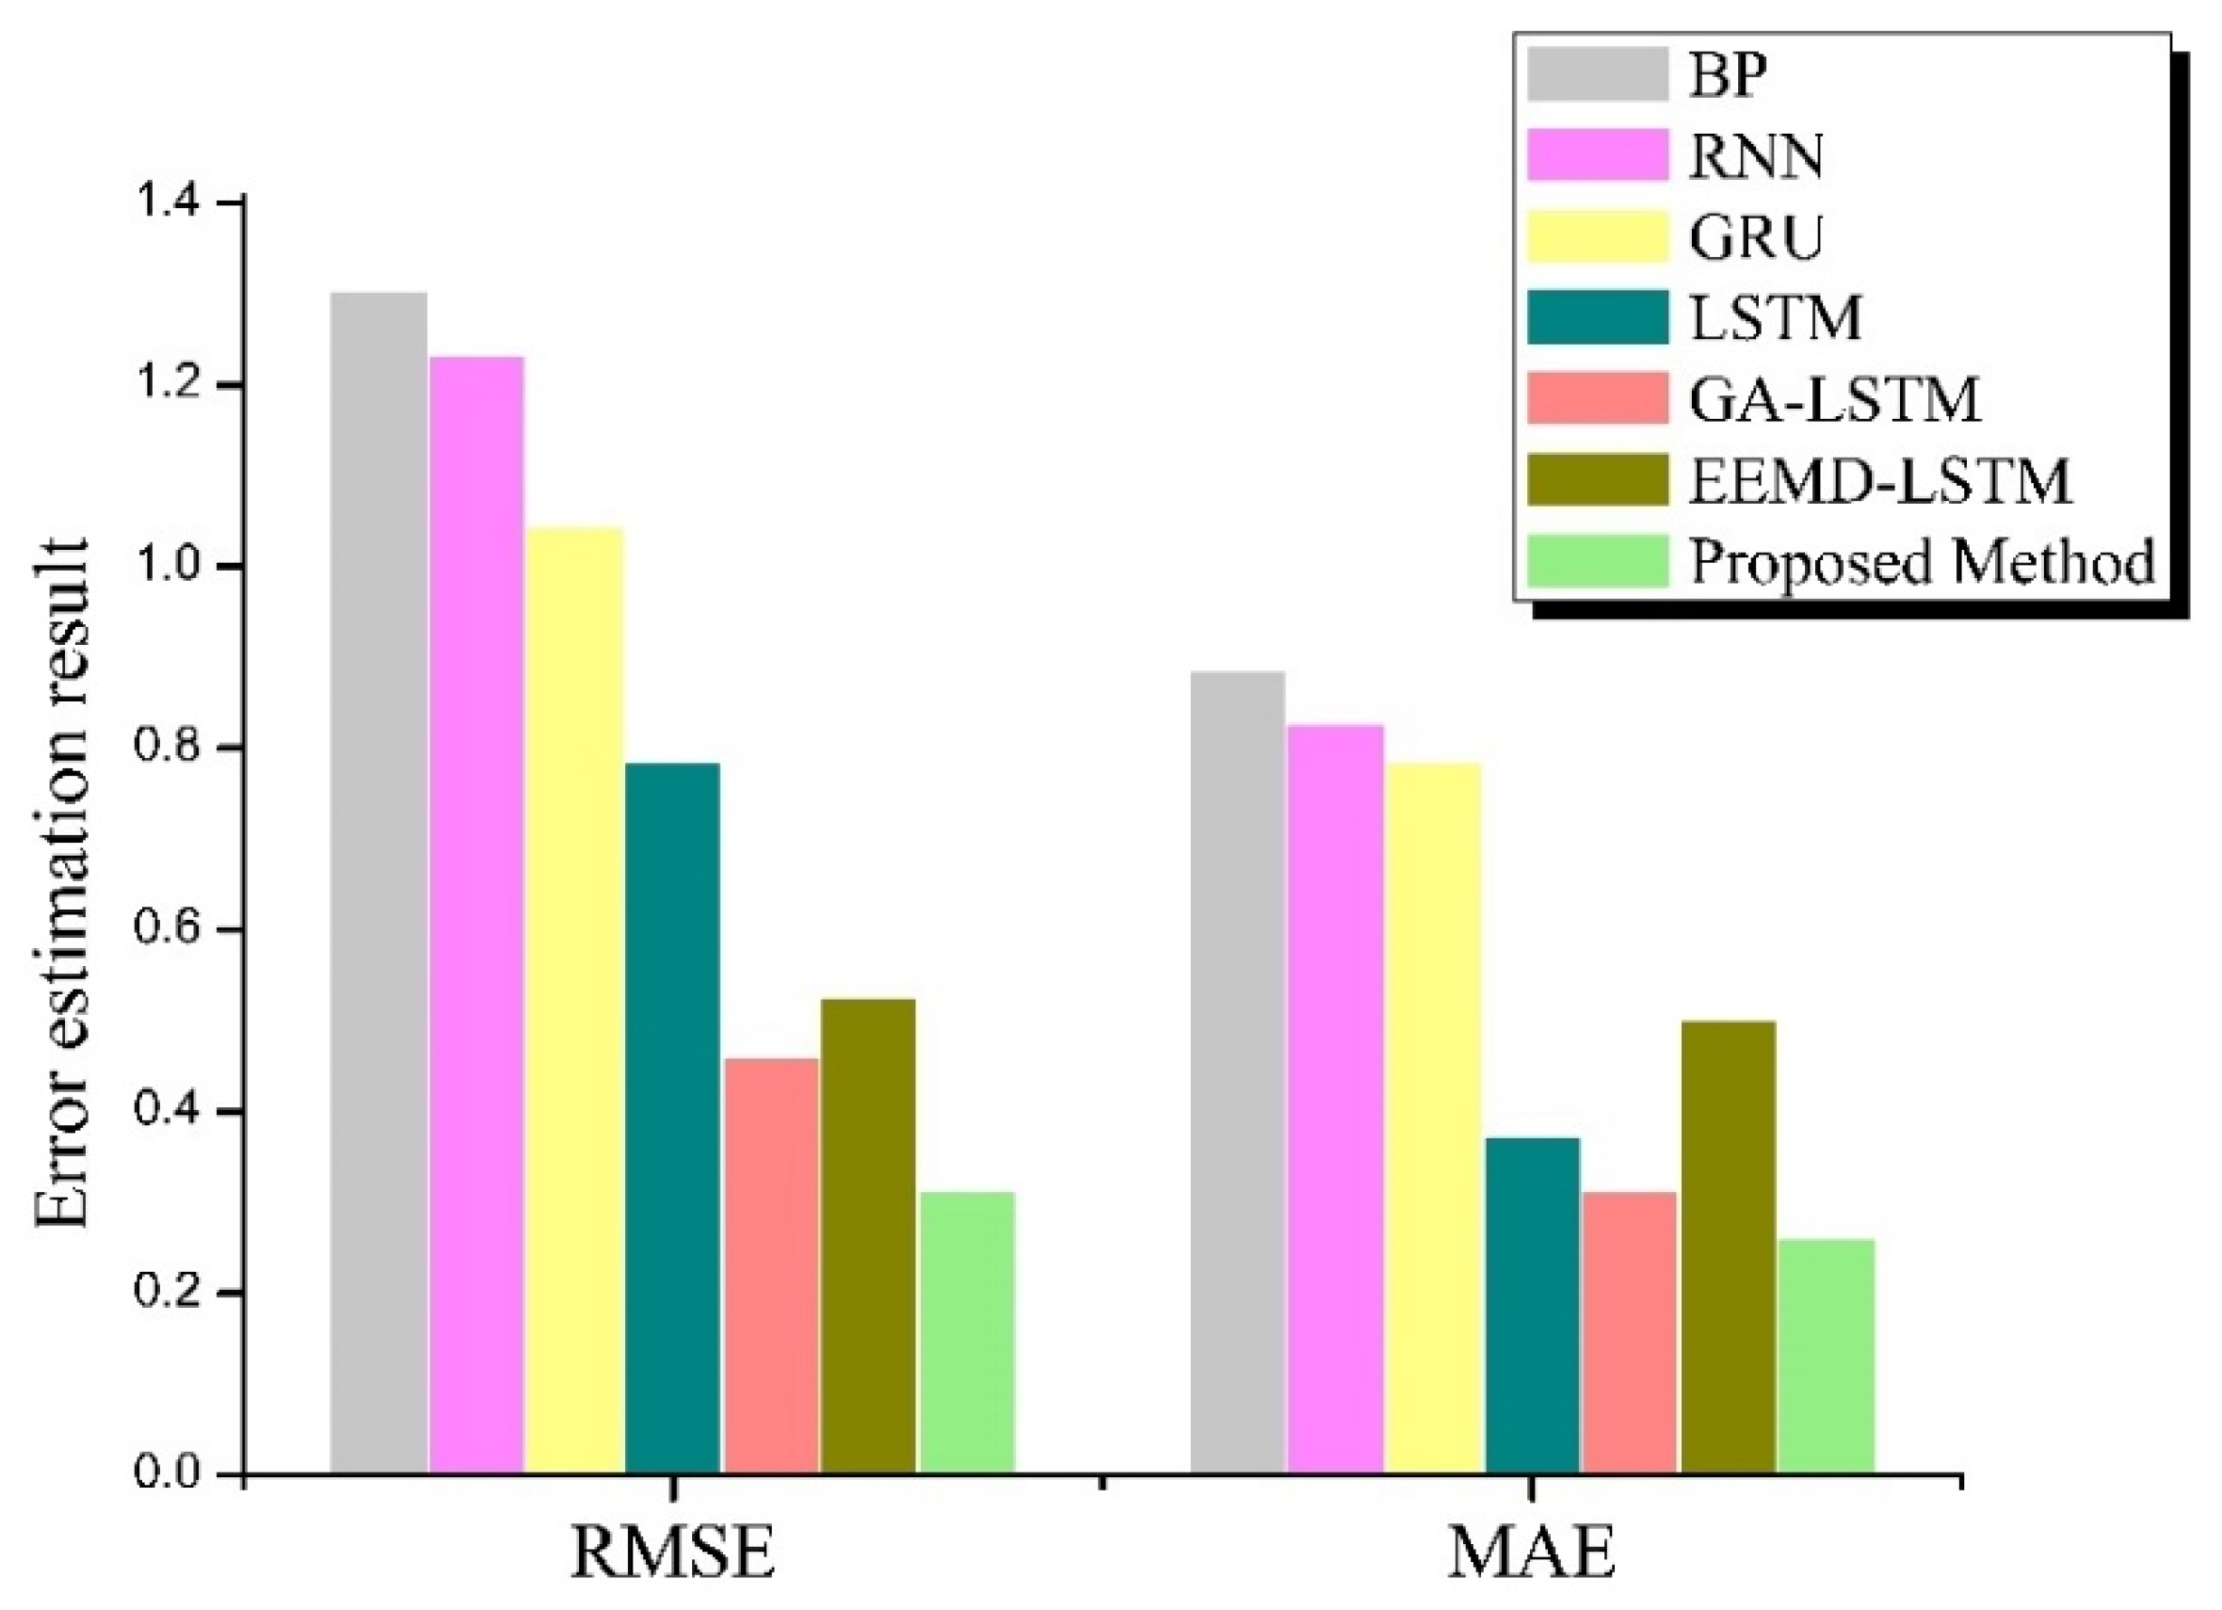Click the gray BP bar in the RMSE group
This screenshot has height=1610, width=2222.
(378, 882)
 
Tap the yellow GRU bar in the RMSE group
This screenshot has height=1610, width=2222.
(574, 1000)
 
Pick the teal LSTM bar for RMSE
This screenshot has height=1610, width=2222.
(672, 1117)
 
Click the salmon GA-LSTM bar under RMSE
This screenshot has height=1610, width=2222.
(771, 1265)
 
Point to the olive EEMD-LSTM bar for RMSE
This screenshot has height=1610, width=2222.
(868, 1235)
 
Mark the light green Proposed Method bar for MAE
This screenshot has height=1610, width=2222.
(1827, 1356)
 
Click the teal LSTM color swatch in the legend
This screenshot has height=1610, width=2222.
(1597, 317)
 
